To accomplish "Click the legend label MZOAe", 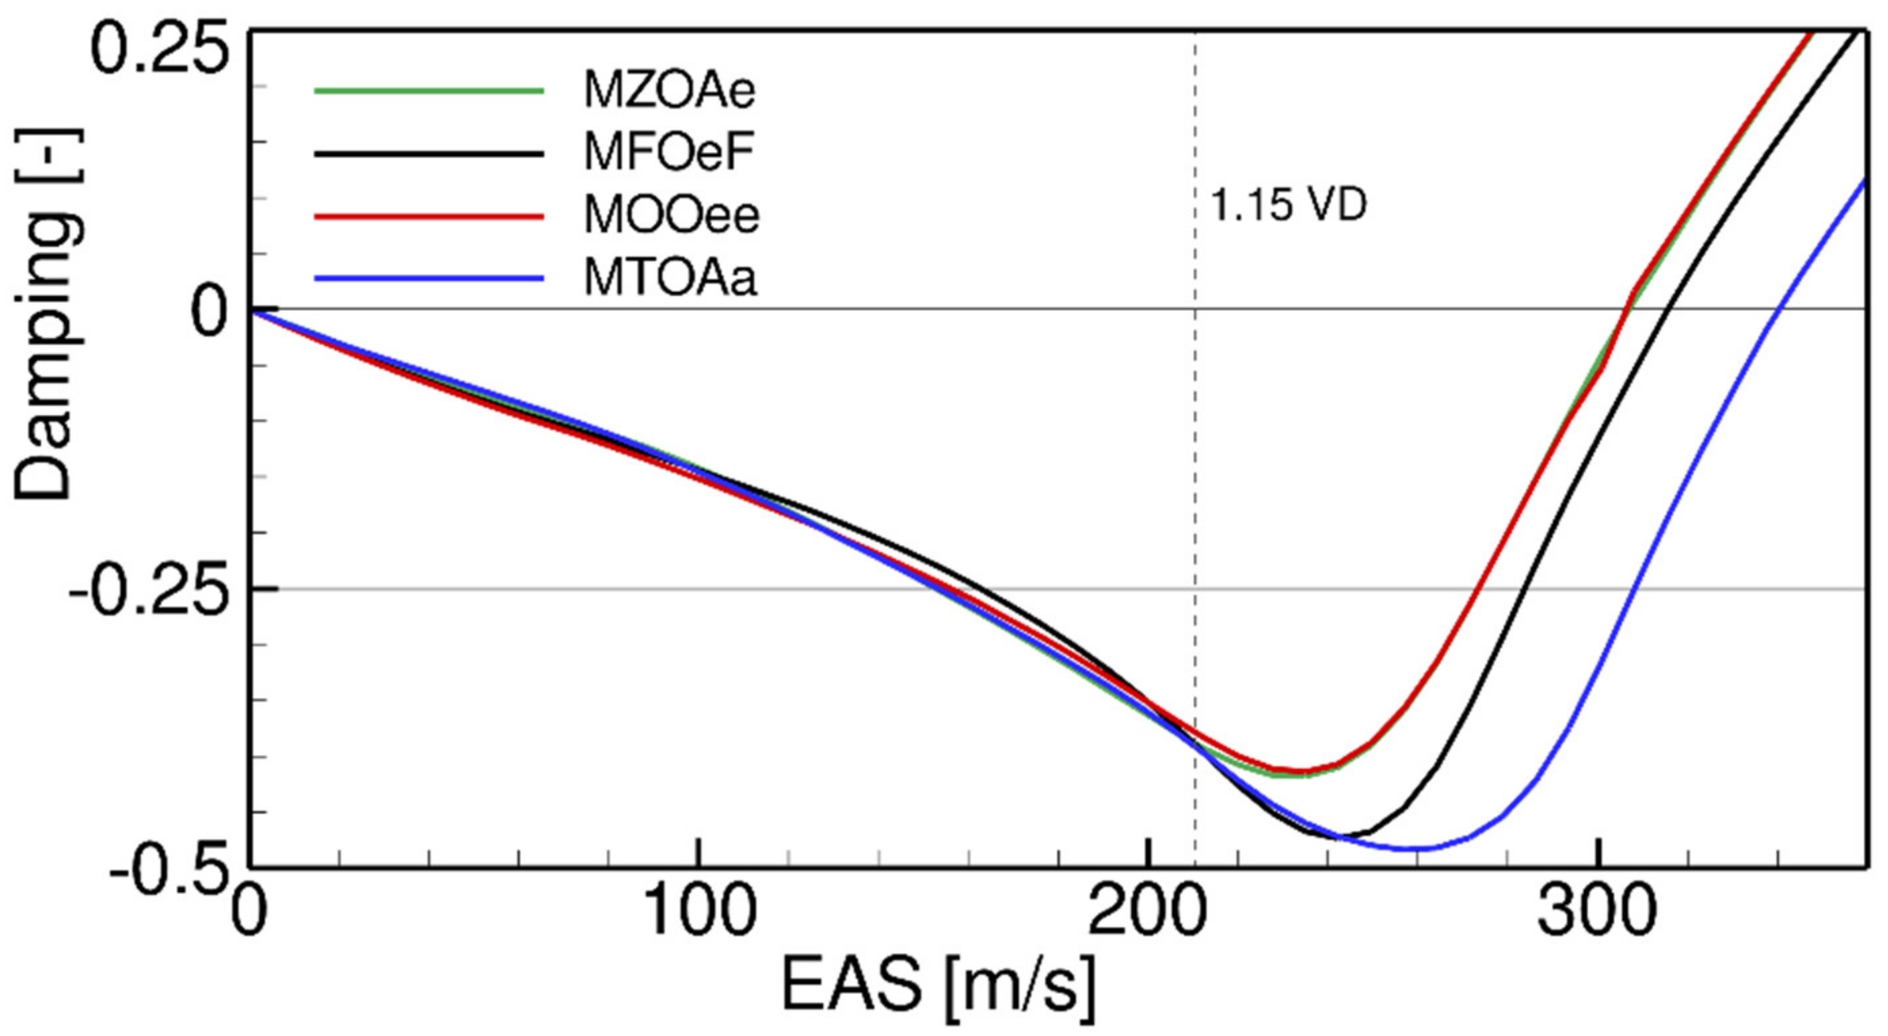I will click(669, 92).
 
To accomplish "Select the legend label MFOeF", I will click(669, 154).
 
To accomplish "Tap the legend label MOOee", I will click(670, 216).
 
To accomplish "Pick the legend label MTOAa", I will click(669, 280).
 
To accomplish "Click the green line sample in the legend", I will click(429, 91).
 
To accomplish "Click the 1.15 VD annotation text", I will click(1288, 205).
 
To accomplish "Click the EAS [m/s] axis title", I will click(938, 986).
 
